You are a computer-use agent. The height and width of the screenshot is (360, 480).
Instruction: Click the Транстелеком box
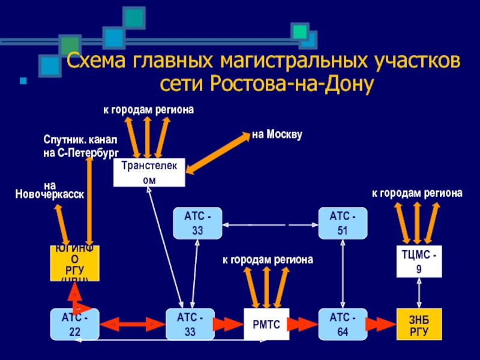coord(149,173)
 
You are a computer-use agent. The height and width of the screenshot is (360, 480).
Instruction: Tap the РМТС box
coord(266,325)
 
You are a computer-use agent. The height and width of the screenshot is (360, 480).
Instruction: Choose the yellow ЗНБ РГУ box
coord(419,324)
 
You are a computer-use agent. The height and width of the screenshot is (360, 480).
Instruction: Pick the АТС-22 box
coord(74,325)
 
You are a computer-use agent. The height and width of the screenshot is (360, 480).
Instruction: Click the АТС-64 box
coord(342,325)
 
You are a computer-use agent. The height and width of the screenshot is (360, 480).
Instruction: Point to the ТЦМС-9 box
coord(419,261)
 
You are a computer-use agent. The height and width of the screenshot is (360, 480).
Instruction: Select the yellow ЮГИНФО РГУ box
coord(74,263)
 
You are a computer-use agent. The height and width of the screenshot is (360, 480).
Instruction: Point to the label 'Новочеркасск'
coord(49,194)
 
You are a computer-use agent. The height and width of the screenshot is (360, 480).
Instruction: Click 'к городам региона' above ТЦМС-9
coord(417,193)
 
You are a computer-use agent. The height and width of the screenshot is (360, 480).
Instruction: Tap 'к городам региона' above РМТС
coord(268,260)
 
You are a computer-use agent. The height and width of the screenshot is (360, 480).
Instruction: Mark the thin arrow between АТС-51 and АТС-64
coord(342,274)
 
